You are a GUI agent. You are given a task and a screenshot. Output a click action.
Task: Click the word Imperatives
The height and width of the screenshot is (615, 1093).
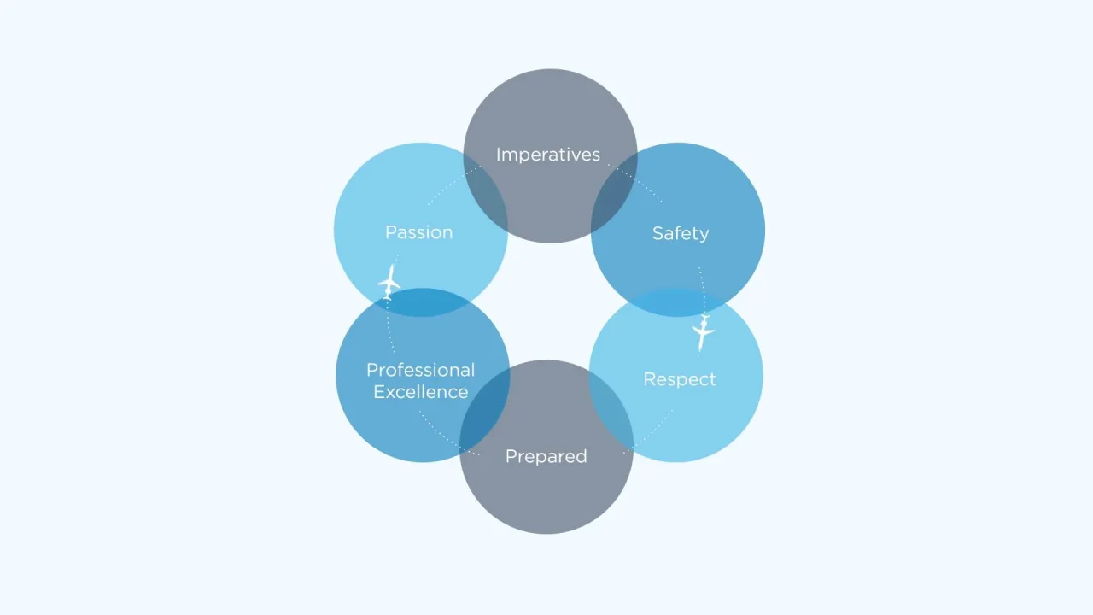pos(548,155)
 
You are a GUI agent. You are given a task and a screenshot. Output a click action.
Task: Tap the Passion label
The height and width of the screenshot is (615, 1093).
pos(419,232)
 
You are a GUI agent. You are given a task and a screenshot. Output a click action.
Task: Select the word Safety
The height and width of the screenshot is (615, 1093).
pos(681,233)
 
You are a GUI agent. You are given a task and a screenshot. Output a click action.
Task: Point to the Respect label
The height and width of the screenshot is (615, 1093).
pos(680,379)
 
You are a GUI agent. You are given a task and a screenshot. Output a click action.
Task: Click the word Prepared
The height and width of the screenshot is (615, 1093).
pos(546,456)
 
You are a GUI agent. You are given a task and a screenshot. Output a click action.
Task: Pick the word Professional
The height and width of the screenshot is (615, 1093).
pos(421,370)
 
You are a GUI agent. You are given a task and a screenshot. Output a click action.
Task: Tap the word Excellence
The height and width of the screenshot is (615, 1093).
pos(421,392)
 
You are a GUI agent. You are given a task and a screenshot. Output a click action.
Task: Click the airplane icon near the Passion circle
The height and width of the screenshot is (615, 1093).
pos(389,282)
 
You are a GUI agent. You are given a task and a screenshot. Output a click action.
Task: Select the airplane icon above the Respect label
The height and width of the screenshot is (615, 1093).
pos(703,333)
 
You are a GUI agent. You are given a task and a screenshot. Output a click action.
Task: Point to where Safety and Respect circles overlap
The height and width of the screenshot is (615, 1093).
pos(677,302)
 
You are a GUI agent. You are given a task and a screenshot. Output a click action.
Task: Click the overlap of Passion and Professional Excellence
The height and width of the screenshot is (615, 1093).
pos(422,302)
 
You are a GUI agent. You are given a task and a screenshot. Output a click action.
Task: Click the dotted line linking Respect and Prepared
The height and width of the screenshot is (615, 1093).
pos(649,433)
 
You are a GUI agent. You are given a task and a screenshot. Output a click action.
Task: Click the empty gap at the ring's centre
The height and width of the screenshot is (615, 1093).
pos(549,302)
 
